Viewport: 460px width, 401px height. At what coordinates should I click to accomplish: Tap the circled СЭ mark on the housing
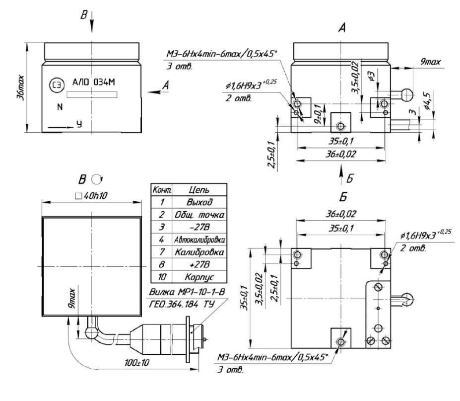58,86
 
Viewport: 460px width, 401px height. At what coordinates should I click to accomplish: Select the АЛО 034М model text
93,82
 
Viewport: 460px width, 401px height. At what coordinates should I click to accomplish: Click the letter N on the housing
60,107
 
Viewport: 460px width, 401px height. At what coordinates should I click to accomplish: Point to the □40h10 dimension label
91,196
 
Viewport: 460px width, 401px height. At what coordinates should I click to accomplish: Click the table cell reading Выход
199,202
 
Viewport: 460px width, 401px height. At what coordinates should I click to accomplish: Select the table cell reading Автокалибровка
199,240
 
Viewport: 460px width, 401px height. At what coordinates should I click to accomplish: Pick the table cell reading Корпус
199,277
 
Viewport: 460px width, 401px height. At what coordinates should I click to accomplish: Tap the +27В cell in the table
199,264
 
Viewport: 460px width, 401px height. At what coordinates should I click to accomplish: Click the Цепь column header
199,189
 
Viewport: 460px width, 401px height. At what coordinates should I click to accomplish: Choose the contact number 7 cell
162,252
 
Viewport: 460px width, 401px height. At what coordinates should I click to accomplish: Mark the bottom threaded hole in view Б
340,341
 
